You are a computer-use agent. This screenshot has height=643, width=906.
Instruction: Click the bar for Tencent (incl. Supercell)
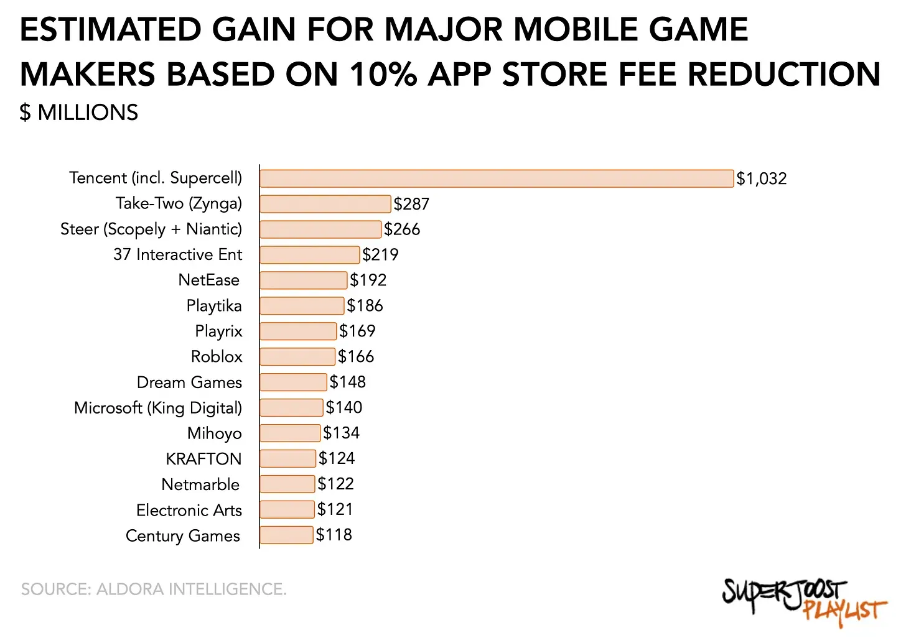(497, 178)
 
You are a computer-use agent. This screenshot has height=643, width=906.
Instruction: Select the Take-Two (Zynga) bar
(325, 204)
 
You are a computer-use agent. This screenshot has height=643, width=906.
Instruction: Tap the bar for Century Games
(286, 535)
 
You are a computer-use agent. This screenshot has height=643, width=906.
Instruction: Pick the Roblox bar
(297, 356)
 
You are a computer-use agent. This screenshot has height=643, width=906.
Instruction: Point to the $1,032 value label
(762, 179)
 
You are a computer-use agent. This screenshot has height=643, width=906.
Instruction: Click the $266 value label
(402, 229)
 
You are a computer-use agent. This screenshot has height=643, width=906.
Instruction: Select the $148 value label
(348, 382)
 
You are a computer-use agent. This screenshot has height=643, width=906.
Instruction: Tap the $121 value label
(335, 509)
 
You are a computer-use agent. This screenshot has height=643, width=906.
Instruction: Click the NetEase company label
(209, 280)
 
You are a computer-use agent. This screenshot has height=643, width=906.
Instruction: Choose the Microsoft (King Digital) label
(158, 408)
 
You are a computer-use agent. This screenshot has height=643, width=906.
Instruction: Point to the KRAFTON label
(203, 459)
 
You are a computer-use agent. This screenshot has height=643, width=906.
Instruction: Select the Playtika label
(214, 306)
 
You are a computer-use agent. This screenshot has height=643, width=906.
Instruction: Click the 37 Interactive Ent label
(178, 254)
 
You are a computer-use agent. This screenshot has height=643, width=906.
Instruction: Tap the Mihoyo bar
(290, 433)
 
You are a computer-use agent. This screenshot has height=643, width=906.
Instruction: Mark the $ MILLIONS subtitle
(79, 113)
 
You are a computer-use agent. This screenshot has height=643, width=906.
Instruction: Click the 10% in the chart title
(383, 75)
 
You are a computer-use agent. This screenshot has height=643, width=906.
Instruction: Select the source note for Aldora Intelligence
(154, 589)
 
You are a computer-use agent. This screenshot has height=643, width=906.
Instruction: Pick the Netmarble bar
(287, 484)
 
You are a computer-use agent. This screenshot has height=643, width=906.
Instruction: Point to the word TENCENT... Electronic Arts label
(189, 511)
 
